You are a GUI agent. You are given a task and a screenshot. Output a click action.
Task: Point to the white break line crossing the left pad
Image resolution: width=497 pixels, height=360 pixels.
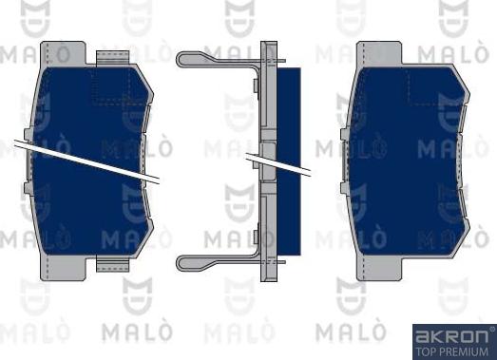point(86,159)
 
